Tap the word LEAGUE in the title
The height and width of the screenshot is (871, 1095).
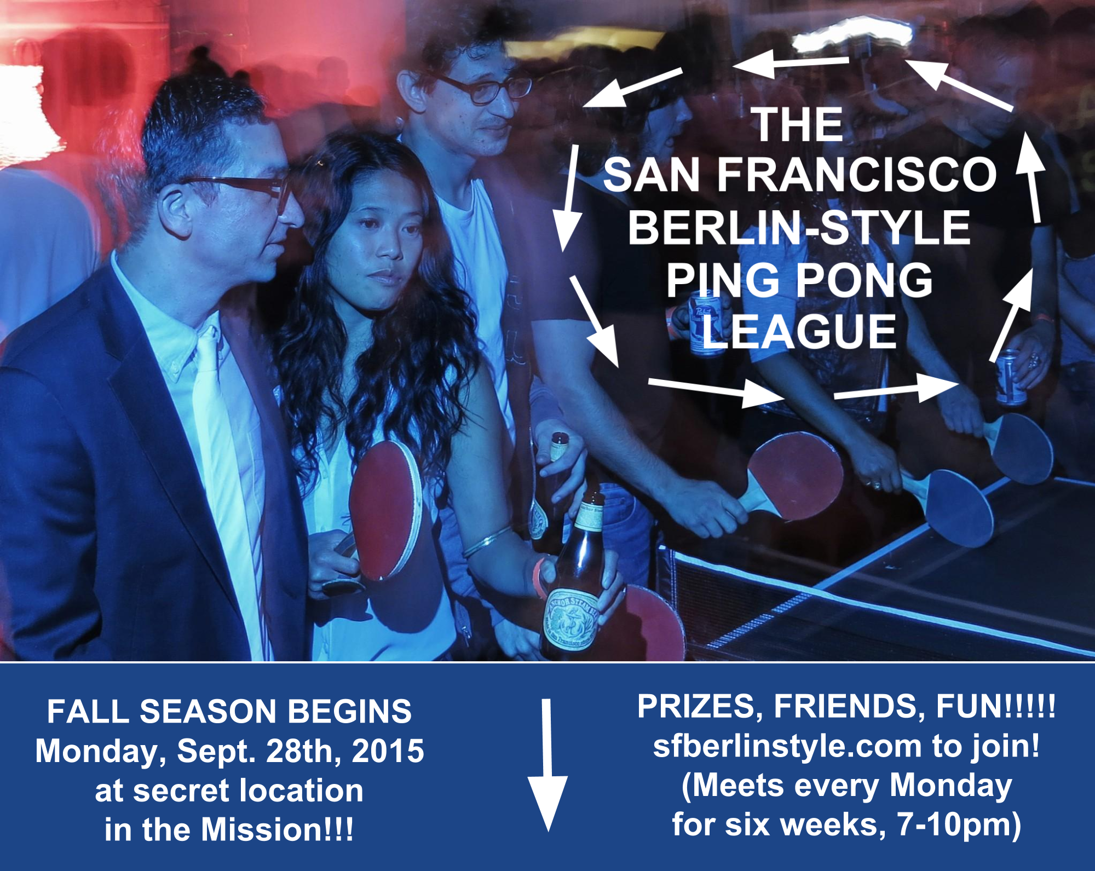[800, 332]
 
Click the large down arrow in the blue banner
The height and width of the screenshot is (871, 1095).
[547, 765]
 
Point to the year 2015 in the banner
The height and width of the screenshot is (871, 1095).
[388, 751]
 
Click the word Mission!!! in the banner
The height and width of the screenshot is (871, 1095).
[277, 829]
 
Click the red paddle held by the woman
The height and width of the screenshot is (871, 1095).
[385, 509]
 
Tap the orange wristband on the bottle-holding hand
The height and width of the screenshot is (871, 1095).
[539, 578]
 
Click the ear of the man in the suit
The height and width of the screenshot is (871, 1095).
[176, 211]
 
